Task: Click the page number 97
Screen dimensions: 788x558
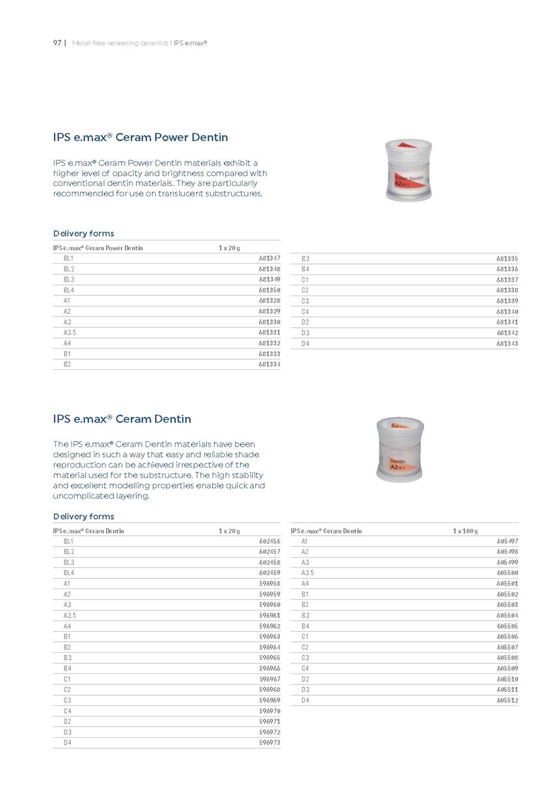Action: point(57,43)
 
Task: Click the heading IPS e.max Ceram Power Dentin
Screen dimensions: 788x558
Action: point(140,138)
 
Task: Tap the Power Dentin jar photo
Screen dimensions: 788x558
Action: point(409,169)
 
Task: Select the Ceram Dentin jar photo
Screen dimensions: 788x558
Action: point(400,450)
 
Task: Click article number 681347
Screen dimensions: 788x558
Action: point(269,258)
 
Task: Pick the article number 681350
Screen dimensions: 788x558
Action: point(269,290)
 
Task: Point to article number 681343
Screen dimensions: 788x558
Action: point(507,343)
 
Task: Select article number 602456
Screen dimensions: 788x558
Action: point(269,541)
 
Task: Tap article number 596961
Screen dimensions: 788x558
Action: point(269,615)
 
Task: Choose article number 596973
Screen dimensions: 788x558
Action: point(269,742)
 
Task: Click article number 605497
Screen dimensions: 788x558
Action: point(507,541)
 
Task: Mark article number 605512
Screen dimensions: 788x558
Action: point(507,700)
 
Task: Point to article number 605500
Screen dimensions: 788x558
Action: point(507,573)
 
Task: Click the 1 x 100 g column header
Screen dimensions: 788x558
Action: point(465,531)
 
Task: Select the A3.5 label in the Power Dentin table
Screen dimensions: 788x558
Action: point(71,333)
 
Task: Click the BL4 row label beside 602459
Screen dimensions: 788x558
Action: point(68,573)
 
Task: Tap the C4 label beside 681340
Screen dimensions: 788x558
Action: point(305,311)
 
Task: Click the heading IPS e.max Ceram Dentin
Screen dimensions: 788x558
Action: point(122,419)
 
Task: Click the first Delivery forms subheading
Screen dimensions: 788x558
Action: point(84,234)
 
